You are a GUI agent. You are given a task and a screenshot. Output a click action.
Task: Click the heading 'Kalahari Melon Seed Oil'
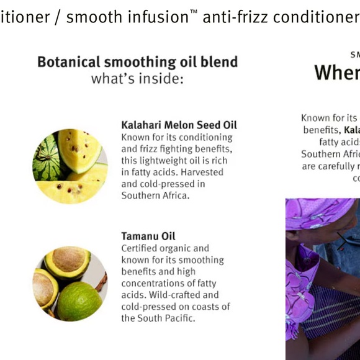click(179, 125)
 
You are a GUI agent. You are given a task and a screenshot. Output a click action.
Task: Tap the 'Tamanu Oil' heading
click(148, 236)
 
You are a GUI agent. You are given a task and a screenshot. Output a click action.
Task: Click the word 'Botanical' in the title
click(66, 62)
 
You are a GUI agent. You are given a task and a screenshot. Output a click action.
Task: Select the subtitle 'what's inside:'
click(137, 79)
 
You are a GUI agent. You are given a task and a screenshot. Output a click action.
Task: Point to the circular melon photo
click(70, 166)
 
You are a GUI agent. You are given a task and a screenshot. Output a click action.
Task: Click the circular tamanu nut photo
click(70, 283)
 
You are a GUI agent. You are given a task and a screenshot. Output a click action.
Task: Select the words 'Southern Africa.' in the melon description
click(155, 196)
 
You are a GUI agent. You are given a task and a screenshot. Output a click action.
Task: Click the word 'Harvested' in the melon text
click(202, 172)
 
